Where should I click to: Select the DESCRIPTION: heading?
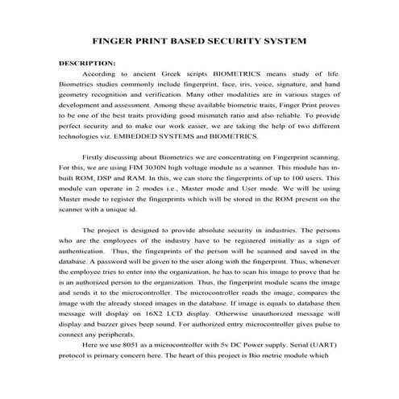point(88,62)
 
